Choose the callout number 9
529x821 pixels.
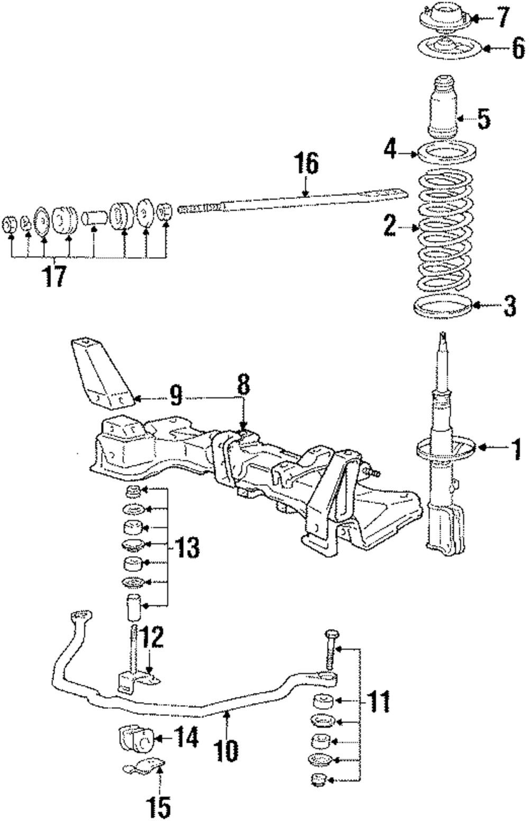(x=176, y=396)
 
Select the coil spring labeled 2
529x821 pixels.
(x=445, y=231)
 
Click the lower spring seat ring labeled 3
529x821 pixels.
(x=442, y=307)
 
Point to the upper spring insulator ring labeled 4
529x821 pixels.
(x=447, y=153)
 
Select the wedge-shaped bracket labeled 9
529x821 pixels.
(x=103, y=372)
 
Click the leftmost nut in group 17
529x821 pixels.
(x=10, y=225)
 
